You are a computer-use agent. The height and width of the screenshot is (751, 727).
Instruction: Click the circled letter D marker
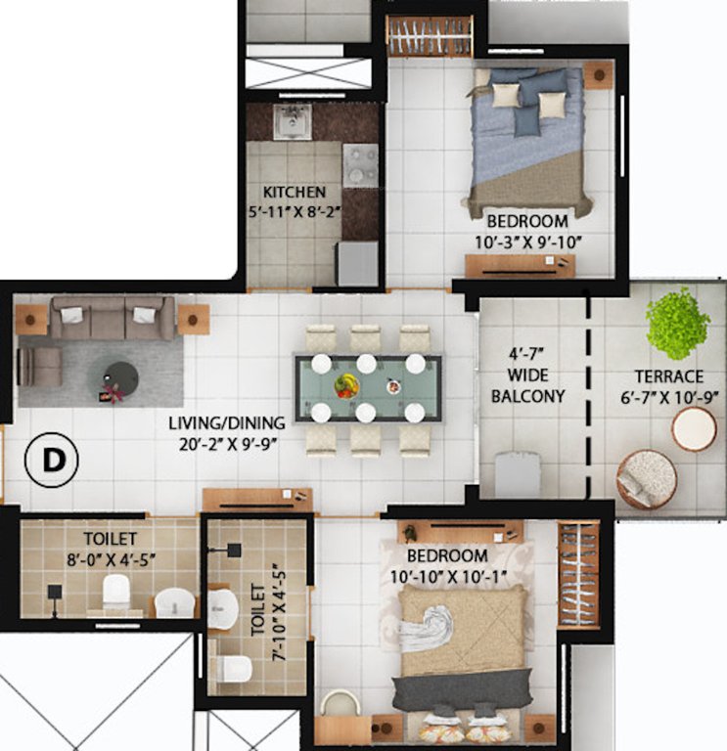coord(51,462)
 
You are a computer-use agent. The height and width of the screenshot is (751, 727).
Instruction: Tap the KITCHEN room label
coord(293,192)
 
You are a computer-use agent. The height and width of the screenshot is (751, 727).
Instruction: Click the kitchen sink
coord(292,122)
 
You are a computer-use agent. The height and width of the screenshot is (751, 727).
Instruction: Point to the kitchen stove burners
coord(360,164)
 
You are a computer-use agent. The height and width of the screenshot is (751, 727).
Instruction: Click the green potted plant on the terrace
coord(677,323)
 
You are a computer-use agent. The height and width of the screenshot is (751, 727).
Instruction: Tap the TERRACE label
coord(668,376)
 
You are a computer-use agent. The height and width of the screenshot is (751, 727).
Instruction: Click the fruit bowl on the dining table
coord(346,384)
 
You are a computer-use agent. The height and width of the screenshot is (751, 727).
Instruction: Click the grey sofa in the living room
coord(110,317)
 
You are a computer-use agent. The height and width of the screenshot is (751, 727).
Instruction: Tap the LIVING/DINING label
coord(226,423)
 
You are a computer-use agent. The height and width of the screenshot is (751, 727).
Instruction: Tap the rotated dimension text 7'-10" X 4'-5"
coord(276,612)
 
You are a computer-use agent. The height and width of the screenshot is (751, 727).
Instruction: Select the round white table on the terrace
coord(694,429)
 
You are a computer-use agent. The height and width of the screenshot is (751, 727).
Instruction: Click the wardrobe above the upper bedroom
coord(430,36)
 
